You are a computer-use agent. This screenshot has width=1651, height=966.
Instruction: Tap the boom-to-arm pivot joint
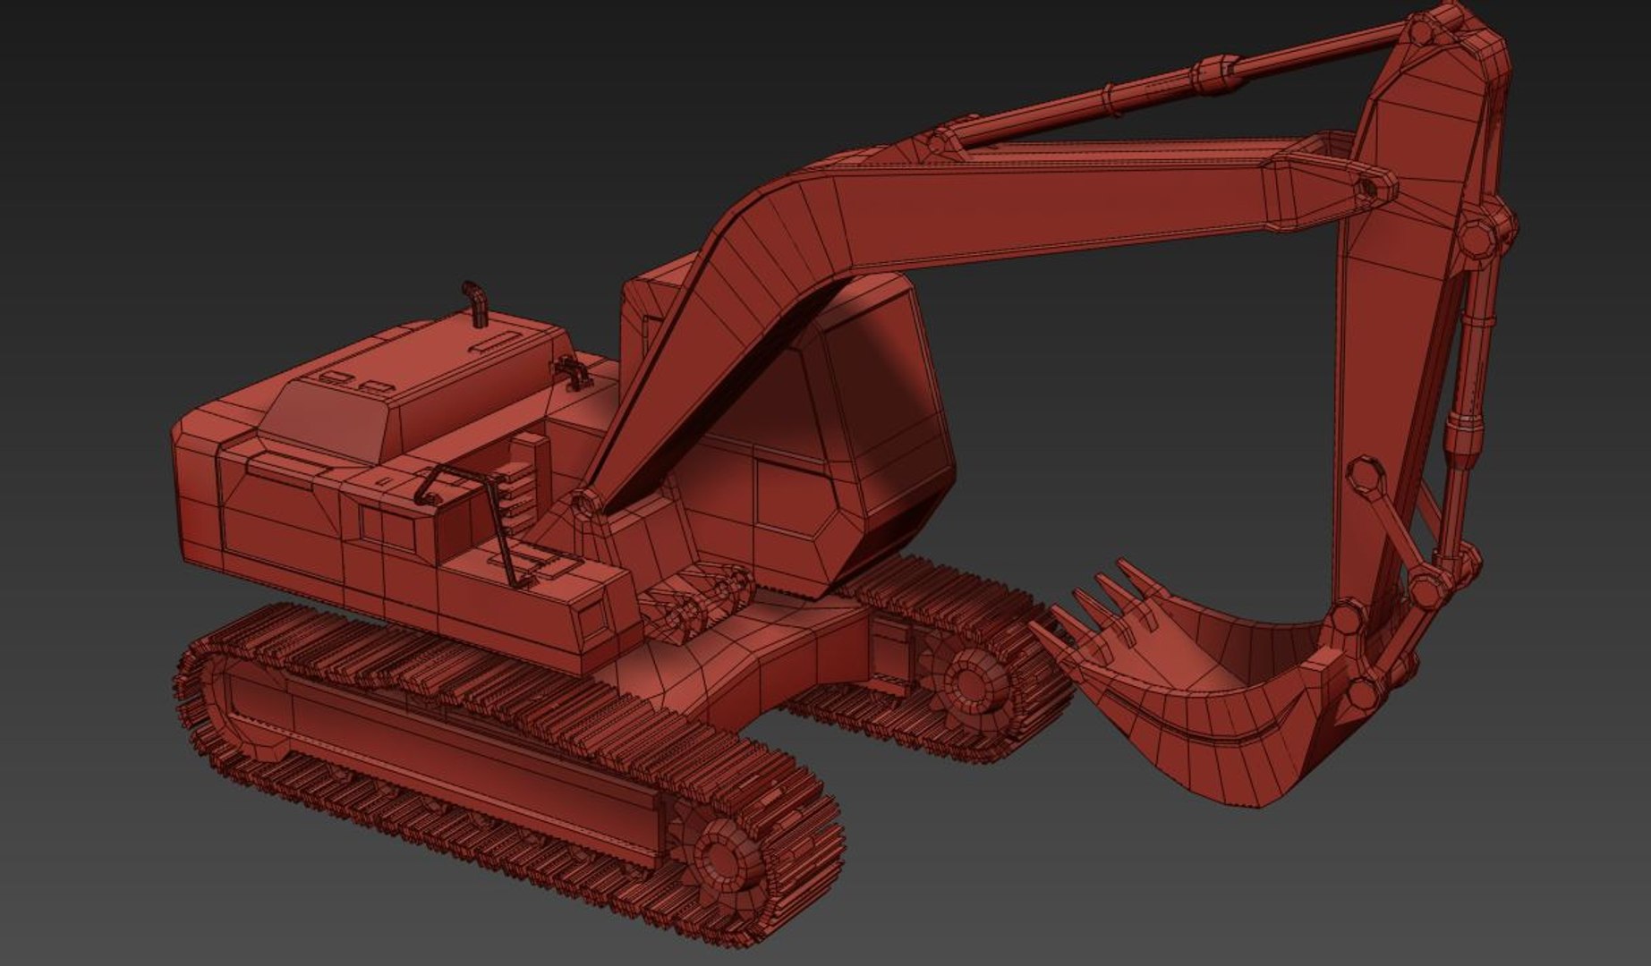1369,188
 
